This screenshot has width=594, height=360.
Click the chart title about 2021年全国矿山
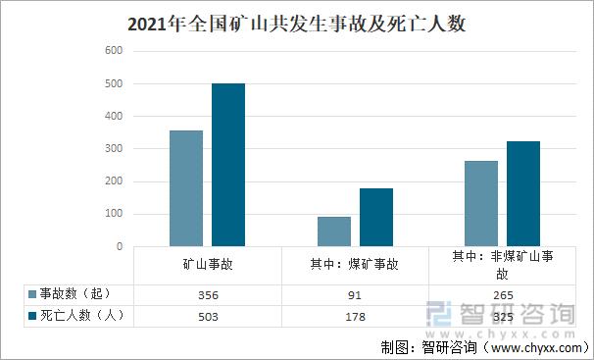click(x=297, y=25)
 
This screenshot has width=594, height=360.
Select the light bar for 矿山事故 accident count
click(x=186, y=188)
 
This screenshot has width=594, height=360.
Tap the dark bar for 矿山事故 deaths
click(x=228, y=165)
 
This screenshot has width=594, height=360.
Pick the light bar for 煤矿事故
click(x=334, y=231)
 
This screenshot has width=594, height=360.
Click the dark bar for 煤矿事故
click(x=376, y=217)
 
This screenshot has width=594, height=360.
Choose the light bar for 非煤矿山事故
click(x=481, y=203)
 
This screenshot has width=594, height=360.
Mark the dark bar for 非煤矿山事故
click(x=523, y=193)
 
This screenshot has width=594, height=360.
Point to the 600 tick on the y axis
click(x=114, y=51)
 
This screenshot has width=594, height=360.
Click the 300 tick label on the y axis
click(x=114, y=149)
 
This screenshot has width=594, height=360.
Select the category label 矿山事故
click(x=208, y=265)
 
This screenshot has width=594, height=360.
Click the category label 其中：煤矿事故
click(x=355, y=265)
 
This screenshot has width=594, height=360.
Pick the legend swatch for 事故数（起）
click(x=32, y=294)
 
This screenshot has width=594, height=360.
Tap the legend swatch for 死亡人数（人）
click(x=32, y=315)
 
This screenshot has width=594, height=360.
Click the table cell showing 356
click(x=208, y=294)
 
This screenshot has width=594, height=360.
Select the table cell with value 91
click(x=355, y=294)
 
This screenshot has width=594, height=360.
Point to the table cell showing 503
click(x=208, y=316)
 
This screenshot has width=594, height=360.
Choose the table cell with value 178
click(x=355, y=316)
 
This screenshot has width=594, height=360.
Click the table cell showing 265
click(x=502, y=294)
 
